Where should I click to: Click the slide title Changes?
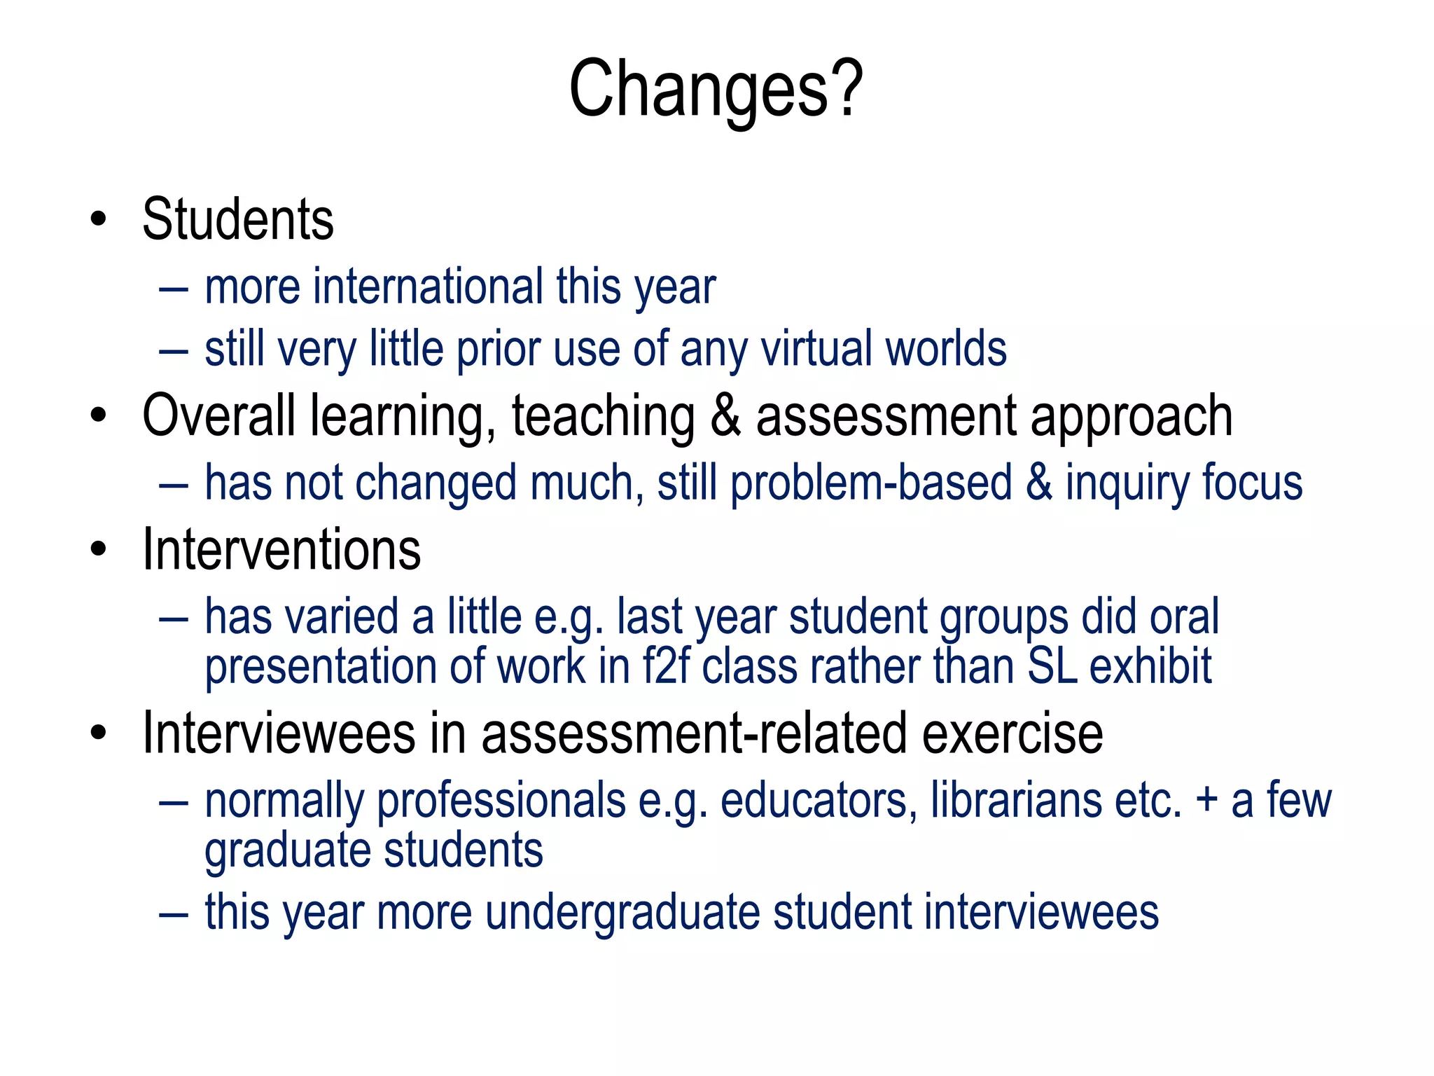[716, 90]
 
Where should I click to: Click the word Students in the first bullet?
[238, 219]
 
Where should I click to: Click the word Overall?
[218, 416]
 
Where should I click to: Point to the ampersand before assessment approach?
[725, 416]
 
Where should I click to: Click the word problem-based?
[871, 483]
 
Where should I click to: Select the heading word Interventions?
[281, 550]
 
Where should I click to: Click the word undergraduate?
[622, 912]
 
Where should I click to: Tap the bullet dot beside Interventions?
[99, 550]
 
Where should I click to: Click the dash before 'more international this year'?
[173, 288]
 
